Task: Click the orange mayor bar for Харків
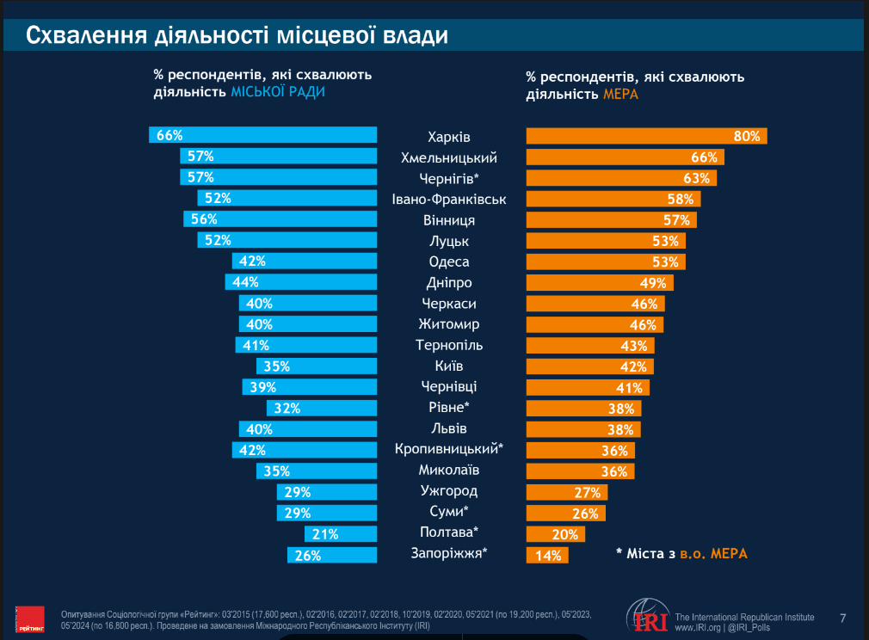coord(645,136)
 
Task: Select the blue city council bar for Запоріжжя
coord(332,556)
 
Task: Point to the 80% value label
coord(747,136)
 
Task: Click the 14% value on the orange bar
coord(549,556)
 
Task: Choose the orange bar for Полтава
coord(555,534)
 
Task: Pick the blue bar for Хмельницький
coord(279,157)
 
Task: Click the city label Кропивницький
coord(448,450)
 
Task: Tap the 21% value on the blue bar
coord(325,534)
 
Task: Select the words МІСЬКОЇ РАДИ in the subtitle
coord(278,92)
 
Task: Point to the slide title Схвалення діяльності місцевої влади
coord(237,36)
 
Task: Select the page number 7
coord(843,618)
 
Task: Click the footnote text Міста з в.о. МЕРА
coord(681,553)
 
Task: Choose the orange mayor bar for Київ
coord(589,366)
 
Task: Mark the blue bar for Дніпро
coord(301,282)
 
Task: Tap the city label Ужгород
coord(449,491)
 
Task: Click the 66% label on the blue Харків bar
coord(169,135)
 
